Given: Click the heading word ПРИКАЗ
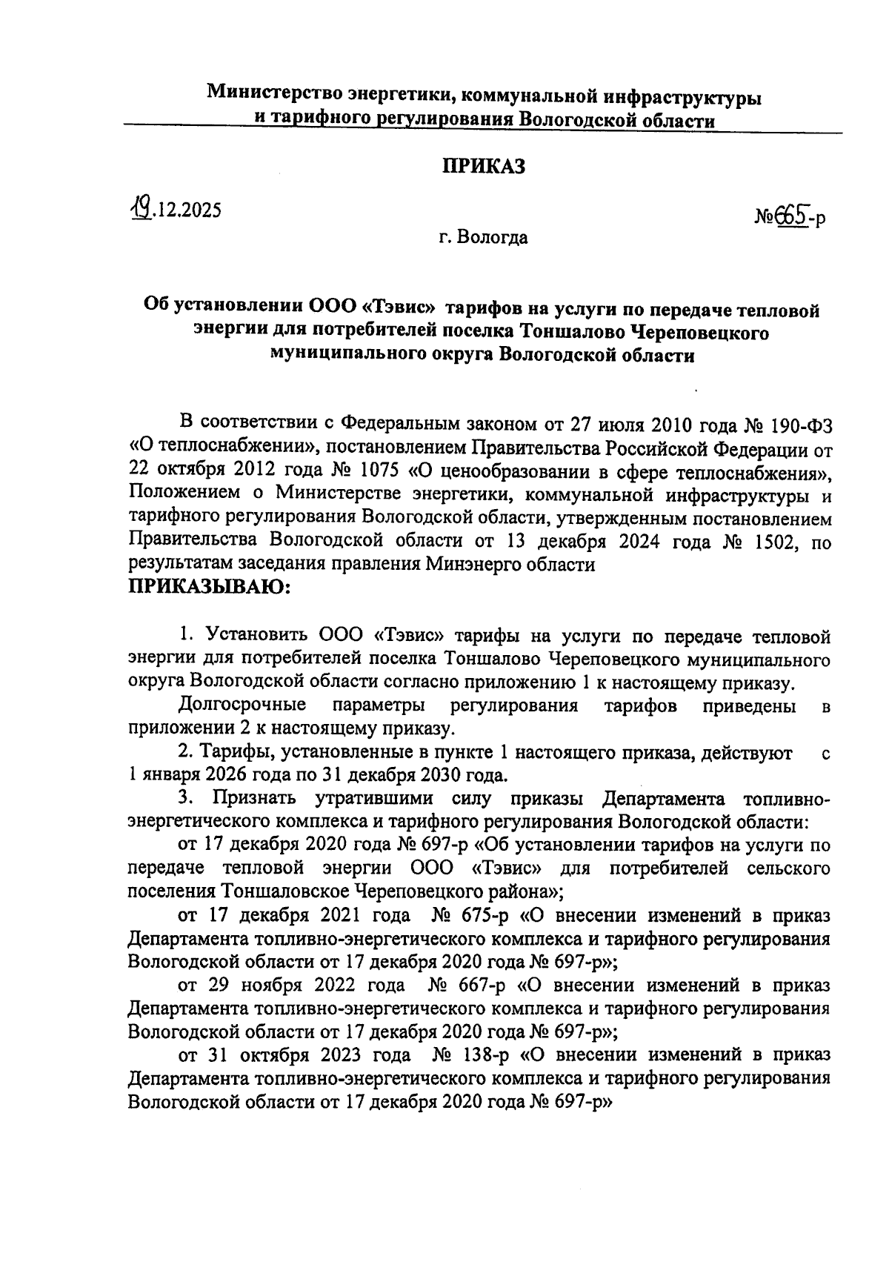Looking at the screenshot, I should click(x=484, y=167).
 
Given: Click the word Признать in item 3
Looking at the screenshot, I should click(x=254, y=798).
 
